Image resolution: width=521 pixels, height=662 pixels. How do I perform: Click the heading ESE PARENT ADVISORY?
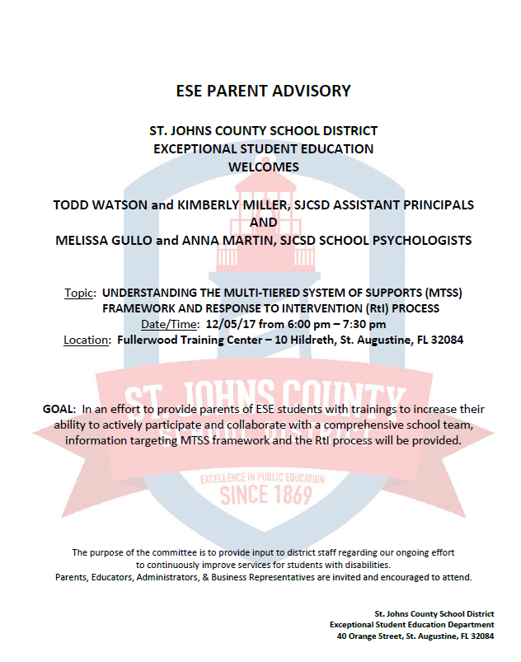click(x=264, y=91)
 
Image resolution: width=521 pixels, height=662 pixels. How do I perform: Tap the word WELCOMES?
click(x=264, y=167)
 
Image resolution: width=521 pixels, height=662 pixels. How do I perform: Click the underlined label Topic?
click(x=80, y=293)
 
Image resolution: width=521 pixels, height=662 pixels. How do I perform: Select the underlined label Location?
click(x=87, y=339)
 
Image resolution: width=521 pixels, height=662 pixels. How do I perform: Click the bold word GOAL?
click(x=58, y=409)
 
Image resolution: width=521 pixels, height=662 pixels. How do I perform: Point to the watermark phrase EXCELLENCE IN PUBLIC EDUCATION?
click(x=265, y=477)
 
